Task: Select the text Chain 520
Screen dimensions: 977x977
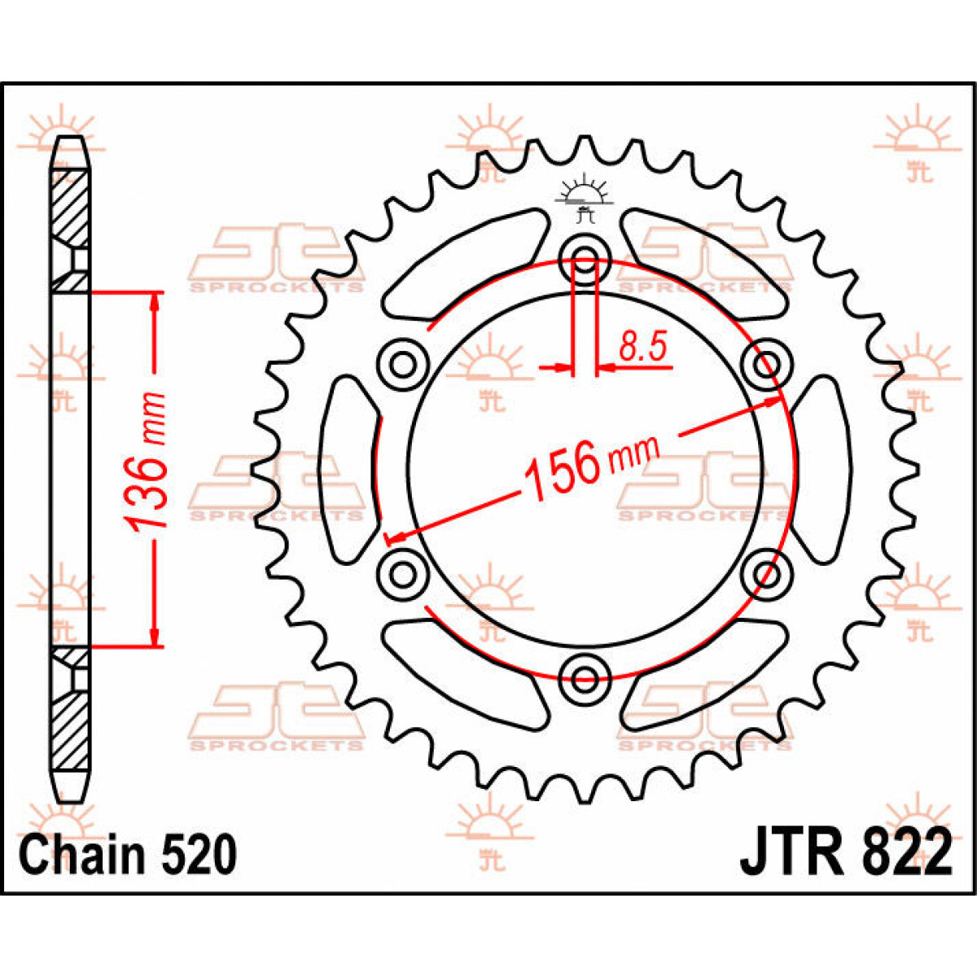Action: click(128, 855)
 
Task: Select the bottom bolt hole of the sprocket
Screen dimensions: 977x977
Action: click(585, 674)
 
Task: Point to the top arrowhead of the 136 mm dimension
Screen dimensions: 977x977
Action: click(154, 303)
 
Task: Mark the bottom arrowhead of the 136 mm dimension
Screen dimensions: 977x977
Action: click(154, 636)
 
